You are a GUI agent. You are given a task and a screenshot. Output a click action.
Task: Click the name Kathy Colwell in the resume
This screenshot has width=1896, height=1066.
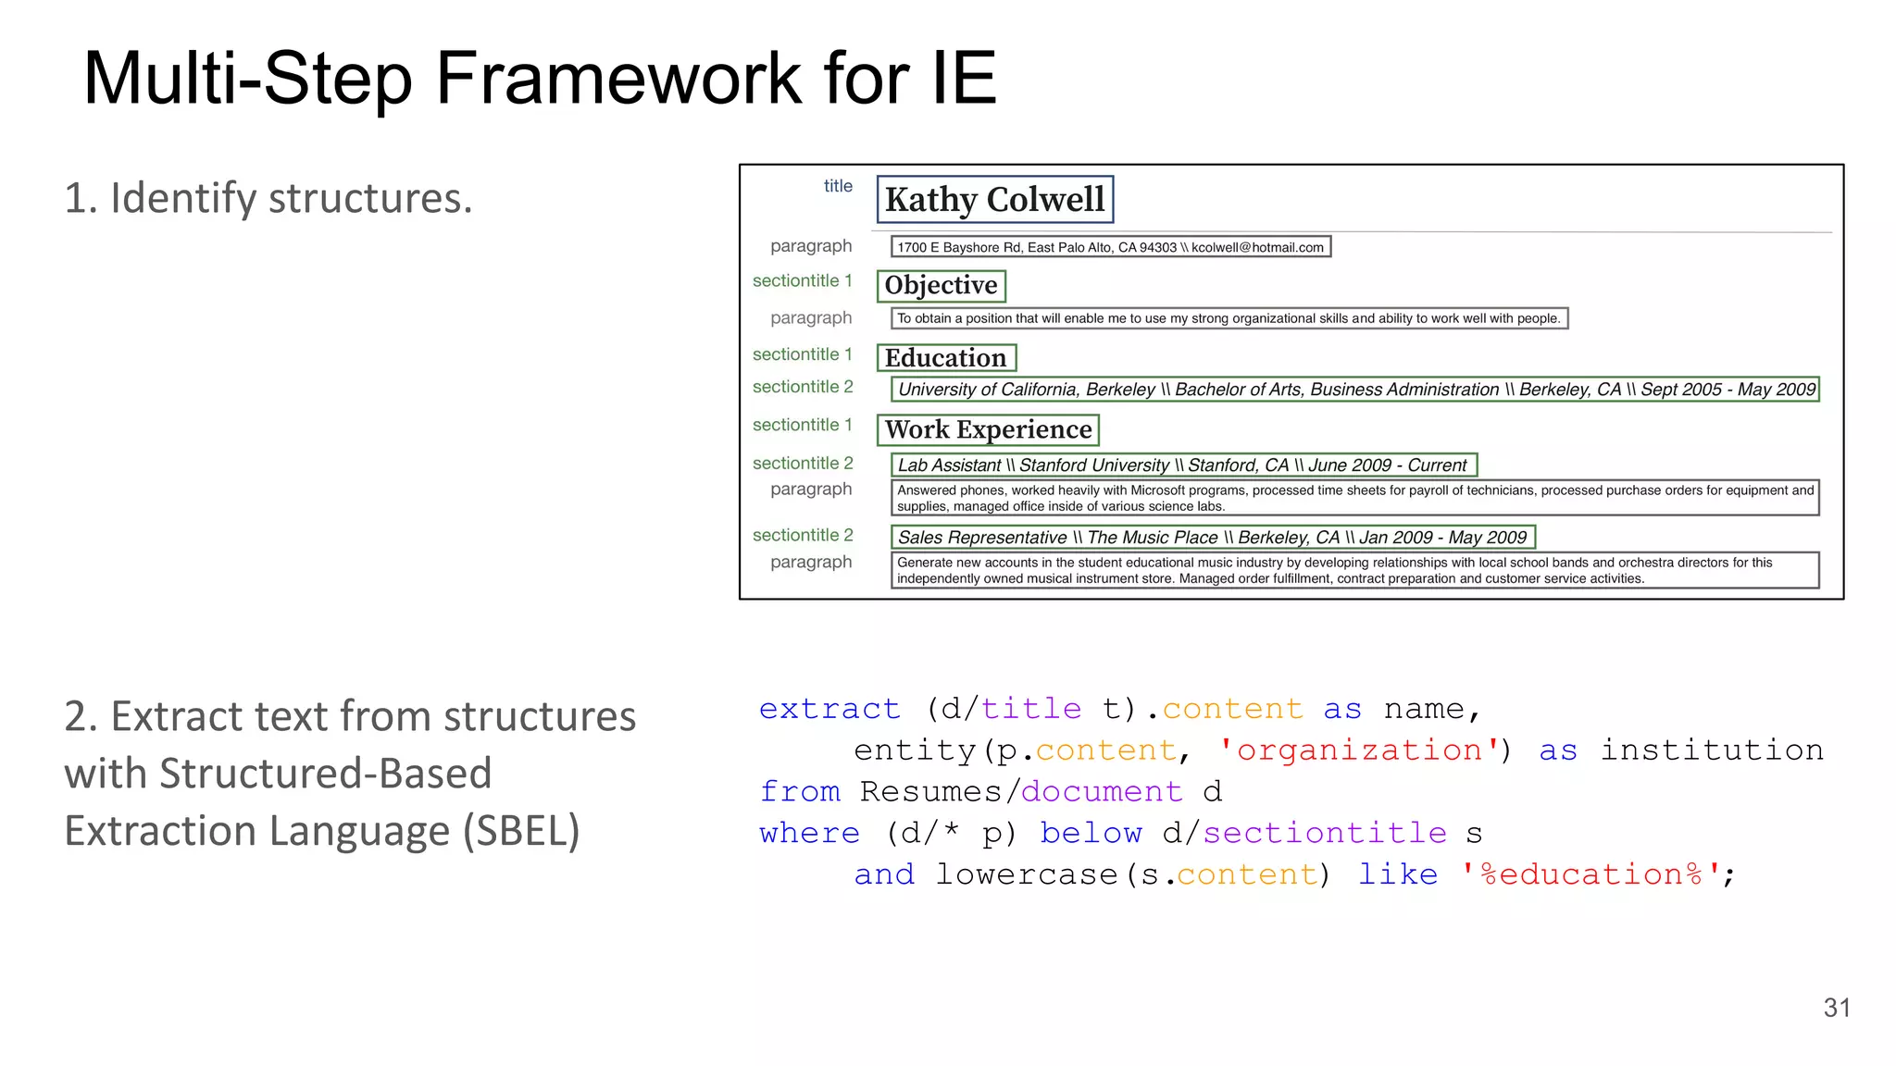pos(994,199)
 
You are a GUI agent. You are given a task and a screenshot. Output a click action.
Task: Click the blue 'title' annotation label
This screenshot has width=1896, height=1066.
pos(838,186)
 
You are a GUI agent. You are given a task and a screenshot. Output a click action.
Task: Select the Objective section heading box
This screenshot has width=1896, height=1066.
pos(941,285)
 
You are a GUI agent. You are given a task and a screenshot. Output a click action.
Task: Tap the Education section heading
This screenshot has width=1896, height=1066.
pos(945,358)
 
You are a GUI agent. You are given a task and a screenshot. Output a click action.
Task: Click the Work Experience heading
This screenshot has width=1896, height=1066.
pos(988,429)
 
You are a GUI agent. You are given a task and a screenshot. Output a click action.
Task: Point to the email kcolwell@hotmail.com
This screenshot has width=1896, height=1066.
pos(1257,247)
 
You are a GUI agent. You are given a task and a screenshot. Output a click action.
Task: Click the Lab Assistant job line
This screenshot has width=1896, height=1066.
pos(1182,465)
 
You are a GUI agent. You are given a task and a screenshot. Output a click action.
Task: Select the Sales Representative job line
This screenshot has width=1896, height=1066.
pos(1211,538)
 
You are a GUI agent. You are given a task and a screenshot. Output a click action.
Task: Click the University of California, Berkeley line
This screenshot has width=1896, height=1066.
pos(1354,390)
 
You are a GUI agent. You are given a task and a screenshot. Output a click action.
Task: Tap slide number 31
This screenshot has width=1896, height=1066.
pos(1837,1008)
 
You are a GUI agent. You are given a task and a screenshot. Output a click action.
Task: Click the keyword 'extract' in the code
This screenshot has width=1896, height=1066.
pos(829,709)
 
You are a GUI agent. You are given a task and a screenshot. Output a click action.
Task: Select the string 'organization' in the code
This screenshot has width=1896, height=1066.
pos(1359,750)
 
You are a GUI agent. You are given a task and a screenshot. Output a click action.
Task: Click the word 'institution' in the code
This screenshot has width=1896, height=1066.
pos(1712,750)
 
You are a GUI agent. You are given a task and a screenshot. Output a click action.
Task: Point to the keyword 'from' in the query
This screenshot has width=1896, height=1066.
pos(800,792)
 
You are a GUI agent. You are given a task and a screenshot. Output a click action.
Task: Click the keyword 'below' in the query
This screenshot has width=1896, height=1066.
pos(1091,833)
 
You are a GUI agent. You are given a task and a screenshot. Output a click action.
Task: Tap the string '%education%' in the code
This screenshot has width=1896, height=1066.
pos(1590,874)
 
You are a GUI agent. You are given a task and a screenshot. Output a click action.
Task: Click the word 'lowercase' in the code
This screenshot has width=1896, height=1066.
pos(1026,874)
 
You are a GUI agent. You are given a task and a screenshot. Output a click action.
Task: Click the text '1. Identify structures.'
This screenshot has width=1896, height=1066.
pos(268,198)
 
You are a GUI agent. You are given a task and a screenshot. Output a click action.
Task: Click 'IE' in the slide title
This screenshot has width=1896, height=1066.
pos(964,78)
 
